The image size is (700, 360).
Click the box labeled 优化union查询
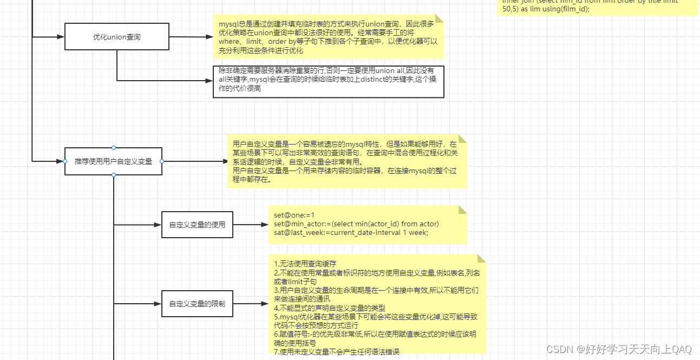[116, 37]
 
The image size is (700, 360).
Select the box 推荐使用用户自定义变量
[113, 161]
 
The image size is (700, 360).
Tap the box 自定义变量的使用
[197, 225]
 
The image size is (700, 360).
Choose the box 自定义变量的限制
[197, 304]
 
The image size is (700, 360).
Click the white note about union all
[329, 82]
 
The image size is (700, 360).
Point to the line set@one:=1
[294, 215]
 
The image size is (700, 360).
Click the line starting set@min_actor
[356, 224]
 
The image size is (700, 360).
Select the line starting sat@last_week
[351, 233]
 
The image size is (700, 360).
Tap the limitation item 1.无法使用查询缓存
[305, 264]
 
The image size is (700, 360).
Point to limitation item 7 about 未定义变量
[336, 352]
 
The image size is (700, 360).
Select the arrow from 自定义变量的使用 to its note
[250, 225]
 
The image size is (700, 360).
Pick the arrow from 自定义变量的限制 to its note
[250, 304]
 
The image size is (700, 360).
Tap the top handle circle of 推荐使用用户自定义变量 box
[113, 148]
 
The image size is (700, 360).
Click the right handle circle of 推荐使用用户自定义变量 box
[162, 161]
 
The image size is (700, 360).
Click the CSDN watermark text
[619, 349]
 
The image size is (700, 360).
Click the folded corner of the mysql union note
[439, 18]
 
